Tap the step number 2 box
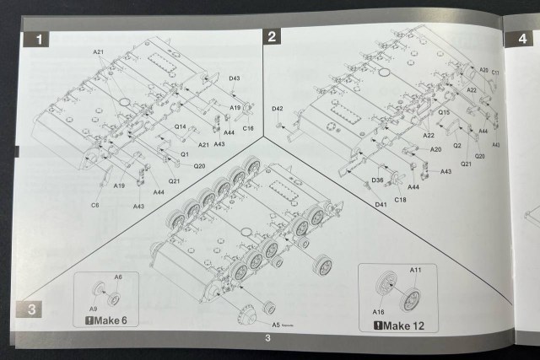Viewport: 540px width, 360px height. pyautogui.click(x=272, y=36)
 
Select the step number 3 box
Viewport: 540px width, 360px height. pyautogui.click(x=30, y=309)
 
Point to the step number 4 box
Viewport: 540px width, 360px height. pyautogui.click(x=515, y=38)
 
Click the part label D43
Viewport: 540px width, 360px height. pyautogui.click(x=235, y=78)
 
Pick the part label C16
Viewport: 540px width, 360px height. pyautogui.click(x=248, y=128)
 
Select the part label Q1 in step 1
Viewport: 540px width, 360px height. pyautogui.click(x=184, y=154)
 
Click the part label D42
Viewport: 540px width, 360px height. pyautogui.click(x=277, y=109)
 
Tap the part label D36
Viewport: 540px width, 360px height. pyautogui.click(x=377, y=180)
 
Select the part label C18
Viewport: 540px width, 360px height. pyautogui.click(x=401, y=199)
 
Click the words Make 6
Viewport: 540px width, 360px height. pyautogui.click(x=111, y=321)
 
